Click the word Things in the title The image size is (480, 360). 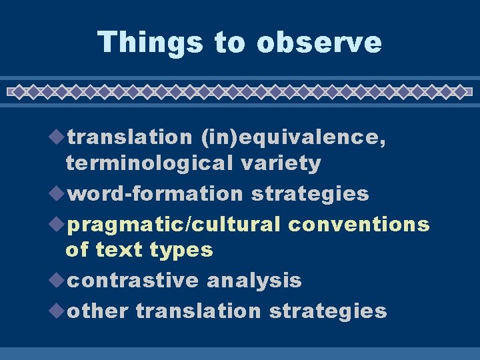150,42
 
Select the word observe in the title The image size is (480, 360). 319,42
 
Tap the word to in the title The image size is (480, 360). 231,42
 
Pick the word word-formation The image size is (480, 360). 156,193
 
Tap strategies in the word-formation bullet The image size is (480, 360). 310,193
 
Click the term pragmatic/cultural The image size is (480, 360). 175,224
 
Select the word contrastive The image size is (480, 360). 134,281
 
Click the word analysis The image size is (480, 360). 254,281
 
